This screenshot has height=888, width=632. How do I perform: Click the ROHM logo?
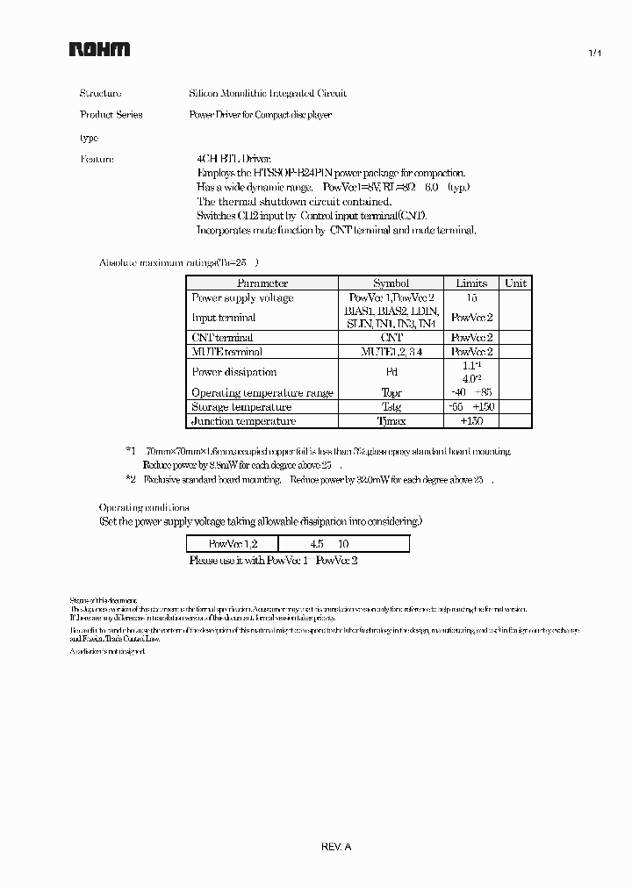(x=99, y=50)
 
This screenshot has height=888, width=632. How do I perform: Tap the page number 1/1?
(x=594, y=54)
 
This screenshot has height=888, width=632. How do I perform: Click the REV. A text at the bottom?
(x=336, y=848)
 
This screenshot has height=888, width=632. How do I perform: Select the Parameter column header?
(x=262, y=283)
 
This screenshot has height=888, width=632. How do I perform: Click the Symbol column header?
(x=391, y=283)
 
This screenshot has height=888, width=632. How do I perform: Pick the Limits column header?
(x=471, y=283)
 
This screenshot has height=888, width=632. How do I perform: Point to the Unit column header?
(x=516, y=283)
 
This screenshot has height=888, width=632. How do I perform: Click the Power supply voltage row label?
(x=242, y=298)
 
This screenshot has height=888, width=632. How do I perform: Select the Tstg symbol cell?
(x=391, y=407)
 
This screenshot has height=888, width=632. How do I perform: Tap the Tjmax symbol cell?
(x=391, y=421)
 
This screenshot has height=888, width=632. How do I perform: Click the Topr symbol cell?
(x=391, y=393)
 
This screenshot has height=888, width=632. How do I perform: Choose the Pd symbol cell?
(x=391, y=372)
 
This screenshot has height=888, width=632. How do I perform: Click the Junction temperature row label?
(x=243, y=421)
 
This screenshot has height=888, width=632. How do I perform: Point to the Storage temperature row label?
(x=241, y=407)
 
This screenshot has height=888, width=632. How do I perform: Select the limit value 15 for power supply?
(x=471, y=298)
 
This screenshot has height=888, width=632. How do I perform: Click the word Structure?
(x=101, y=93)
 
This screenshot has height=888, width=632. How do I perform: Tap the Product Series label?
(x=111, y=115)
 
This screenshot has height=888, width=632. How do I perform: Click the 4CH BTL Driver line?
(x=233, y=160)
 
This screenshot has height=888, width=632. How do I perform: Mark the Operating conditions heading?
(x=143, y=507)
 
